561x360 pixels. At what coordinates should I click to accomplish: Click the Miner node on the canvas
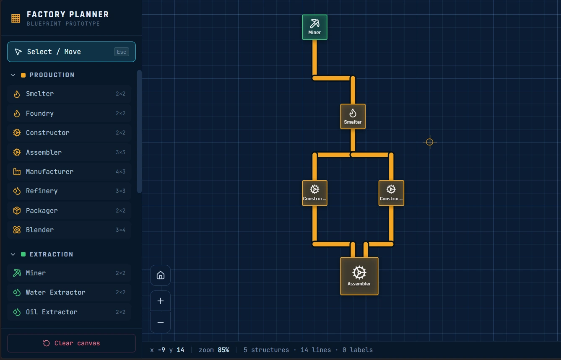314,27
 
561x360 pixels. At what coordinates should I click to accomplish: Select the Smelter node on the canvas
353,117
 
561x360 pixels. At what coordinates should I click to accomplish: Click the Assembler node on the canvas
359,276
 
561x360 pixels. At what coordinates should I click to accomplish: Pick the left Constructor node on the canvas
314,193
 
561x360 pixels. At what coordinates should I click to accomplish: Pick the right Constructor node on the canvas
391,193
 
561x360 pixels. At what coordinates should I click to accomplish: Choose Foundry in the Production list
69,114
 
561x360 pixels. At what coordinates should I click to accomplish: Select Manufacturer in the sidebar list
69,172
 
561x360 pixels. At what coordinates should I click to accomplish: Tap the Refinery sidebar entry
69,191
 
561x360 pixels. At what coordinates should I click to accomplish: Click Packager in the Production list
69,210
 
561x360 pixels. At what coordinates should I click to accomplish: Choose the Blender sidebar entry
69,230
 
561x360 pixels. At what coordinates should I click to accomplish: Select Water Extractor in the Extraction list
69,293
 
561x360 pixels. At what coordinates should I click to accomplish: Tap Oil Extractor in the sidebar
69,312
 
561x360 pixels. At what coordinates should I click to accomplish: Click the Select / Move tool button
71,52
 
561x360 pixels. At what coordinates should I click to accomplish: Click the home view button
160,275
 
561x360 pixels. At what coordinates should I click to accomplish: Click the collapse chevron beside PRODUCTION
13,75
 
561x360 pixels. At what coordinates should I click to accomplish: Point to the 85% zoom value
223,350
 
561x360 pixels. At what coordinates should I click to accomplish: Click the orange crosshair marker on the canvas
429,142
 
